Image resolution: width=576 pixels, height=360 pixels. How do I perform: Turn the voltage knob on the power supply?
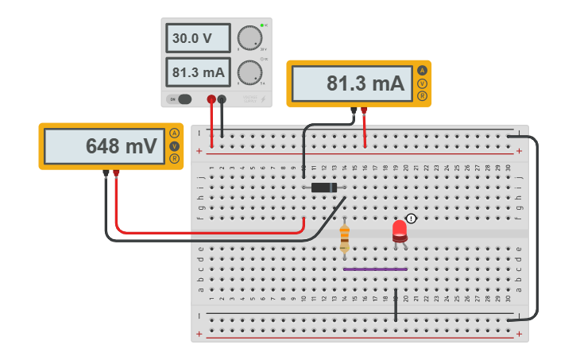click(249, 38)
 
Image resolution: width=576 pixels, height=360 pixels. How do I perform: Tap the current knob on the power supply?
click(249, 72)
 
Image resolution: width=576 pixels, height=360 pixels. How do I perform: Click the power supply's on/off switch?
click(182, 99)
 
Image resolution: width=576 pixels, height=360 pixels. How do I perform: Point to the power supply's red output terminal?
click(211, 99)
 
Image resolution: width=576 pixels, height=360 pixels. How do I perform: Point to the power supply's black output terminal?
click(222, 99)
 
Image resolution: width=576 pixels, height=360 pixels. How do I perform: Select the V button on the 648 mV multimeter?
click(174, 146)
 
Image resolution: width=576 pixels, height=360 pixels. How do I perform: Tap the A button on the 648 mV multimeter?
click(174, 134)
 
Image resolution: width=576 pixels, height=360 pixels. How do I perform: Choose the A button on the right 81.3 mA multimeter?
click(422, 71)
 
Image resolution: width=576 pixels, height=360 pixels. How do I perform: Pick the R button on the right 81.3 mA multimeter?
click(422, 96)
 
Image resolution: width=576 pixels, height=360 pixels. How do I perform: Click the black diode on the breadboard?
click(323, 188)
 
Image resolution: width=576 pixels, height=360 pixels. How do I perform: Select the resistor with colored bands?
click(344, 238)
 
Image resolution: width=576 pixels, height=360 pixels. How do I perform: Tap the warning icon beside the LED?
click(411, 219)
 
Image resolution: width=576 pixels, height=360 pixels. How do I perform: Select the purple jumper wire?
click(375, 269)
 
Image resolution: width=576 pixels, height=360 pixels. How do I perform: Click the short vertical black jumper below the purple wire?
click(396, 306)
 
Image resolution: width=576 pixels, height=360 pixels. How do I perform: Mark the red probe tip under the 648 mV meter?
click(116, 173)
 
